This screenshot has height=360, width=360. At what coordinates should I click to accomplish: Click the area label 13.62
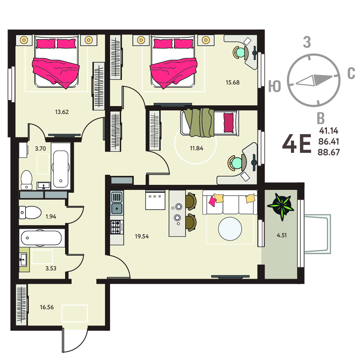pyautogui.click(x=62, y=112)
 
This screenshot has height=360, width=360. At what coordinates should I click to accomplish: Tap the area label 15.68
pyautogui.click(x=233, y=82)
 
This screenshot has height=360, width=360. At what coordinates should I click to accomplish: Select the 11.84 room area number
pyautogui.click(x=196, y=148)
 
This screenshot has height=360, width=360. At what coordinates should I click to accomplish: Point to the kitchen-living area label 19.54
pyautogui.click(x=142, y=236)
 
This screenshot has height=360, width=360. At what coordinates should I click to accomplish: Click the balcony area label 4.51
pyautogui.click(x=282, y=235)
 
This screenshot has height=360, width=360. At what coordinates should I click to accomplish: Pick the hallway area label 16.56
pyautogui.click(x=47, y=307)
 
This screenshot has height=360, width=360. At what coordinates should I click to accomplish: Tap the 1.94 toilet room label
pyautogui.click(x=51, y=217)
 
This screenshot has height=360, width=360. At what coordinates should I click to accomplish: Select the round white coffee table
pyautogui.click(x=230, y=229)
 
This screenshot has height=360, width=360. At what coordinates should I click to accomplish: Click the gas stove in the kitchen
pyautogui.click(x=117, y=227)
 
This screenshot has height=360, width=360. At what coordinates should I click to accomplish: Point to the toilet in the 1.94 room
pyautogui.click(x=30, y=213)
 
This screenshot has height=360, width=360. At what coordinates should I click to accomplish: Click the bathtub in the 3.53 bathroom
pyautogui.click(x=41, y=238)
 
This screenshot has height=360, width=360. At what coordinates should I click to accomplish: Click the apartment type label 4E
pyautogui.click(x=297, y=144)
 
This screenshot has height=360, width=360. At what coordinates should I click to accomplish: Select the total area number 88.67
pyautogui.click(x=329, y=152)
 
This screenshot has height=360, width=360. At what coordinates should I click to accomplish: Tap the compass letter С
pyautogui.click(x=351, y=73)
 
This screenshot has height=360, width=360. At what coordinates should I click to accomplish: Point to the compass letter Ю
pyautogui.click(x=275, y=86)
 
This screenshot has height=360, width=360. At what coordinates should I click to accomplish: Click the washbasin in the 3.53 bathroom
pyautogui.click(x=23, y=259)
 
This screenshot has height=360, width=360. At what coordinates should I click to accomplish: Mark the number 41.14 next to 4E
pyautogui.click(x=329, y=131)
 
